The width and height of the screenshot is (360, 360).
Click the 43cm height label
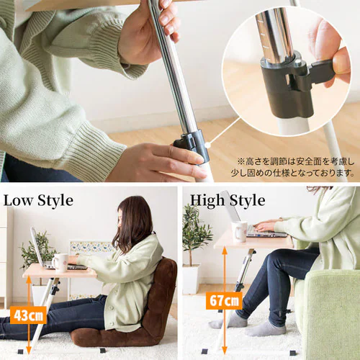28,315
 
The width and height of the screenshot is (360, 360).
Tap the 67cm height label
224,300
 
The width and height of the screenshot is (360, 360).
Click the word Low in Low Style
19,200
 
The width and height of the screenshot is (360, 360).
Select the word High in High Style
207,201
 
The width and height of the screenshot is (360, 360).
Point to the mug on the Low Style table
60,262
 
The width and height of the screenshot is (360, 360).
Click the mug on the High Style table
239,231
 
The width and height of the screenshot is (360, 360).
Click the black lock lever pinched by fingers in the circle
323,73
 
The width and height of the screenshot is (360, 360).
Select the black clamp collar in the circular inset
287,89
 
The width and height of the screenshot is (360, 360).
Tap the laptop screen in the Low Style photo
37,247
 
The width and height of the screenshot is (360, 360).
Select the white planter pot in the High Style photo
192,279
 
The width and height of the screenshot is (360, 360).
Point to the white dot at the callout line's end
207,145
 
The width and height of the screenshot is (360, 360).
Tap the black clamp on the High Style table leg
240,287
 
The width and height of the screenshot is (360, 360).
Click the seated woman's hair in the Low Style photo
132,223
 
